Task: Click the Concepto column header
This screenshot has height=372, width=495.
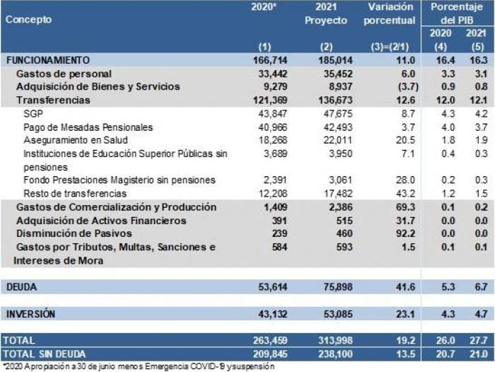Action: tap(28, 20)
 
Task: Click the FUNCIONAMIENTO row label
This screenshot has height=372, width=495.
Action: tap(48, 61)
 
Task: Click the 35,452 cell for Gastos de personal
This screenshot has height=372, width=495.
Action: tap(330, 74)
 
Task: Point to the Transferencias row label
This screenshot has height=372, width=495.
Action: tap(53, 100)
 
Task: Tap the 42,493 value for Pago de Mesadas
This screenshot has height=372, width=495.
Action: tap(330, 127)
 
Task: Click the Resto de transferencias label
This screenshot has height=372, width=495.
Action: tap(75, 193)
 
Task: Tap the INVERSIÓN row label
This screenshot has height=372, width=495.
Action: tap(30, 313)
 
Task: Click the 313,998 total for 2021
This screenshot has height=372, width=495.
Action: tap(328, 340)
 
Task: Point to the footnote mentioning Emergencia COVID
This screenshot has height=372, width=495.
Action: tap(139, 366)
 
